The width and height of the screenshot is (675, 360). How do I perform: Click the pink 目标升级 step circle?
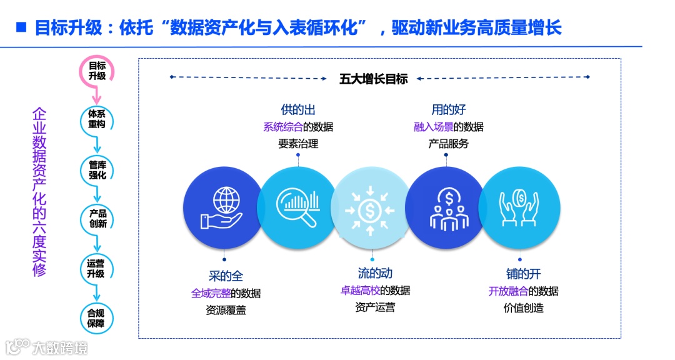[97, 71]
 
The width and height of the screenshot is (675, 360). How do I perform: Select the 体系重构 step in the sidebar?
[97, 119]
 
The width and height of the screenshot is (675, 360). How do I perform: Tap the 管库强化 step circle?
[97, 170]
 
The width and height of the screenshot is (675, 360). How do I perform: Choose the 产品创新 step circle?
[97, 218]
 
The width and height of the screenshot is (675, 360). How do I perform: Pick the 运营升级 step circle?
[97, 269]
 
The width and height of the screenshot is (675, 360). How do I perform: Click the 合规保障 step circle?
[97, 318]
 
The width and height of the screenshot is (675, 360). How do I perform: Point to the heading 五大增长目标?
[373, 79]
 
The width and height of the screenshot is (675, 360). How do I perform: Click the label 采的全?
[226, 276]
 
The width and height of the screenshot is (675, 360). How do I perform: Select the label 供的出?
[298, 110]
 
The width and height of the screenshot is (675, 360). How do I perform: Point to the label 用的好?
[448, 110]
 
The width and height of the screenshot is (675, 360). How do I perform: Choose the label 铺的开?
[523, 274]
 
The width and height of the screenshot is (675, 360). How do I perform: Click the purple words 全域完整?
[209, 292]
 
